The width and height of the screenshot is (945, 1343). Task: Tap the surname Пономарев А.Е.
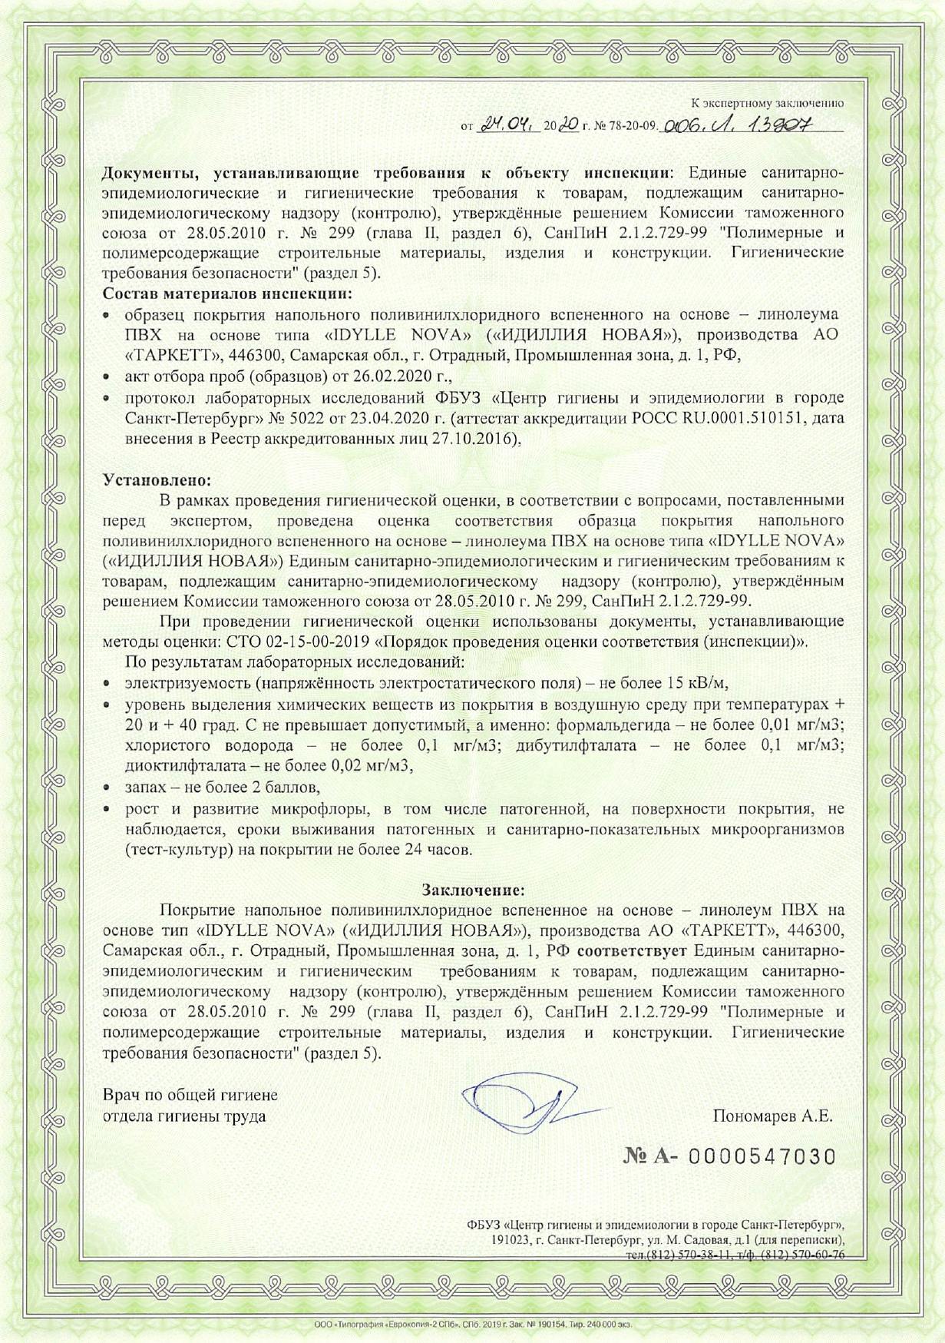pos(772,1116)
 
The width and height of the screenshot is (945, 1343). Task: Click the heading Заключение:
pos(473,890)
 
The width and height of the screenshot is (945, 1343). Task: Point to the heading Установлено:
pos(157,481)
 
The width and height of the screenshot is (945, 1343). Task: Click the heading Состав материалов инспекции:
pos(229,293)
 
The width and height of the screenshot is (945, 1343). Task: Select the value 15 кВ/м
pos(692,682)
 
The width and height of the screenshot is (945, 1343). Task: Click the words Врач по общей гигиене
pos(190,1095)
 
